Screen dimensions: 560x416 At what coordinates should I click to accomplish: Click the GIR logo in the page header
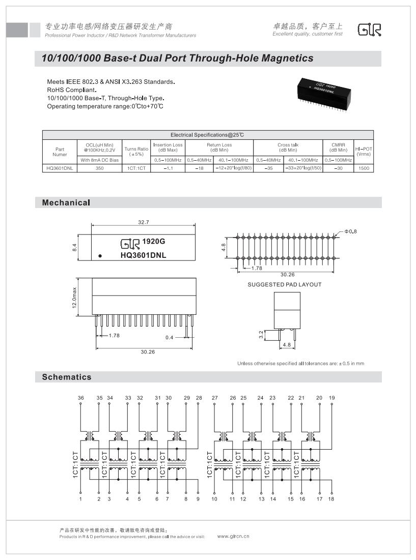(x=369, y=30)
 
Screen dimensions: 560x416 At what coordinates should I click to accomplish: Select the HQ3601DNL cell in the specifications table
(x=60, y=168)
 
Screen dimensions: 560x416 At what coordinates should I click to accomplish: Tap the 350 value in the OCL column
(x=99, y=168)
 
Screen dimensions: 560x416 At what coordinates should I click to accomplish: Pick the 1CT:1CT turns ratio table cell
(x=136, y=168)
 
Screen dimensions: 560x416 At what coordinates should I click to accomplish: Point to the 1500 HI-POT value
(x=364, y=168)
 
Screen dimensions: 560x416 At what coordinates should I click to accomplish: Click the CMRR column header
(x=338, y=148)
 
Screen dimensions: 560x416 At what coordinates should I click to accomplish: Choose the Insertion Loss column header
(x=168, y=148)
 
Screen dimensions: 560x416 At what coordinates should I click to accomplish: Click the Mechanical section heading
(x=66, y=203)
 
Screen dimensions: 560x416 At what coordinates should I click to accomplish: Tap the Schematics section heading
(x=67, y=377)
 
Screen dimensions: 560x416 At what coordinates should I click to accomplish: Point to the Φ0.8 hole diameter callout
(x=351, y=231)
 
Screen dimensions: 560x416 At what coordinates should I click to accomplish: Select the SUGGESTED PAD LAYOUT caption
(x=285, y=284)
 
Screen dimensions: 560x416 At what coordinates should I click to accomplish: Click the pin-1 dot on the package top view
(x=100, y=256)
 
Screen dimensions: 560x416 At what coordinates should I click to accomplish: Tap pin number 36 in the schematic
(x=80, y=398)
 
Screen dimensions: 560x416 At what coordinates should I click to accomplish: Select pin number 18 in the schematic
(x=331, y=499)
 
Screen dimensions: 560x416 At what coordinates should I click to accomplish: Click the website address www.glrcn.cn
(x=233, y=536)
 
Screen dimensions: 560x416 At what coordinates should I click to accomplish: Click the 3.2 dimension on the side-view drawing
(x=262, y=335)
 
